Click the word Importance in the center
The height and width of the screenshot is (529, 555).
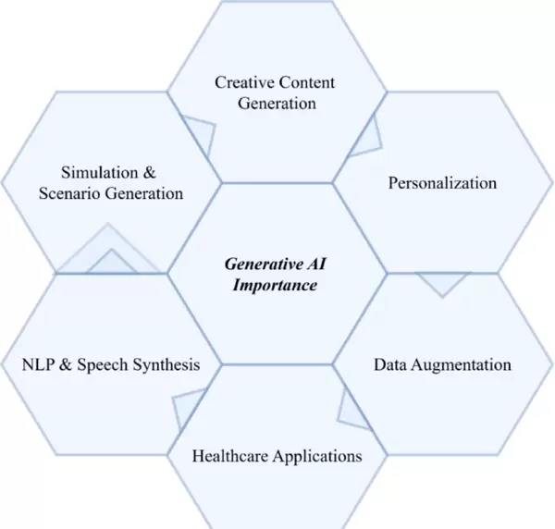273,285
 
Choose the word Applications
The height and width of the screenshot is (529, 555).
316,456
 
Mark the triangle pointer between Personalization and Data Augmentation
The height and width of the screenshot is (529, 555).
440,283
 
